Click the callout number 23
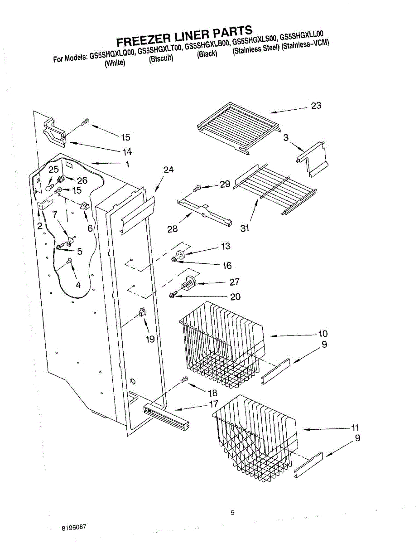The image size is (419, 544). (316, 106)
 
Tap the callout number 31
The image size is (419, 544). (245, 228)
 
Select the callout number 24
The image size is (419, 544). (169, 170)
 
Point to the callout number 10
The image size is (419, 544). (323, 334)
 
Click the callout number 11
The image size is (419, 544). (355, 427)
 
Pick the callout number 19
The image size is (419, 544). (150, 339)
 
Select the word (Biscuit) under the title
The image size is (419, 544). (161, 59)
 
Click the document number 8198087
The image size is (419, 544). (74, 528)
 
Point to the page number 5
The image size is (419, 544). (232, 513)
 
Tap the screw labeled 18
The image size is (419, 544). (183, 381)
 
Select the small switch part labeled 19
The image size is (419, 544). (142, 311)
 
